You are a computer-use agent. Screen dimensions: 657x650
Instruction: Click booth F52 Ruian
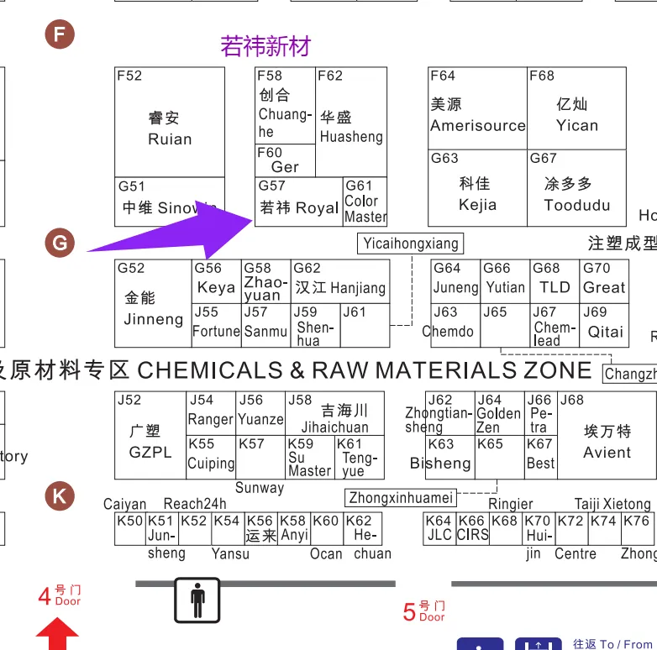click(169, 122)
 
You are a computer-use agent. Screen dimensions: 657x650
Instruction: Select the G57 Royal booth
click(298, 202)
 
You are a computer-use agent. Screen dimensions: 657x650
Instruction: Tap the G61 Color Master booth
click(365, 202)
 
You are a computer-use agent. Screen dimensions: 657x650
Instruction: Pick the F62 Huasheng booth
click(351, 122)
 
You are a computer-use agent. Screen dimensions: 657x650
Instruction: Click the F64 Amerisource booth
click(477, 109)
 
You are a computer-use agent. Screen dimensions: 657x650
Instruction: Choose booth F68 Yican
click(576, 109)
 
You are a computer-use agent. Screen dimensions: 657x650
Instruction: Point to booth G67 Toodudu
click(576, 189)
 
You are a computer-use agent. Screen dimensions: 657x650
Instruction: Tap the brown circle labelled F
click(60, 34)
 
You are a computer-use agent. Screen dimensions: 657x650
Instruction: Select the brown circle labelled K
click(60, 495)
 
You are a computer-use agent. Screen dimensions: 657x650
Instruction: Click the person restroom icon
click(197, 600)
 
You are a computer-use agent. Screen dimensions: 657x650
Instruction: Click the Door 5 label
click(424, 611)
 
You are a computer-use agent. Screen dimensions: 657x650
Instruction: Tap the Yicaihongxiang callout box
click(411, 244)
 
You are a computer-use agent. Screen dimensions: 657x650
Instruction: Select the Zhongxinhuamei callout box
click(401, 497)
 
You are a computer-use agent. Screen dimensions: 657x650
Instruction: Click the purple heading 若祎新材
click(265, 46)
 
